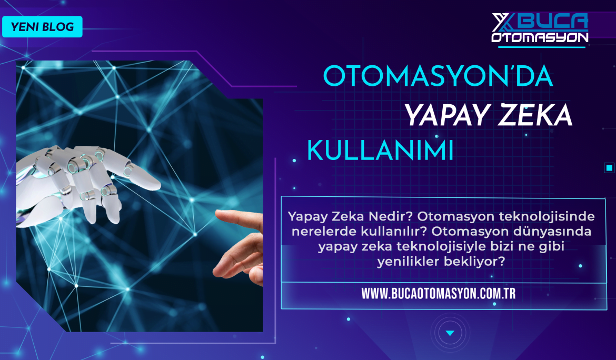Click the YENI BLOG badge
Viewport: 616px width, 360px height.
[43, 27]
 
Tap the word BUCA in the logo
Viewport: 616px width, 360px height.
[555, 22]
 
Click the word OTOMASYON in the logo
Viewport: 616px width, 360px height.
[540, 37]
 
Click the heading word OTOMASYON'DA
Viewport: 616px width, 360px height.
[438, 76]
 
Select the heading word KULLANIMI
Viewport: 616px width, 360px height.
[380, 150]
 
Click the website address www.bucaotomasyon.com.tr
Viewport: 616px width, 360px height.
[439, 294]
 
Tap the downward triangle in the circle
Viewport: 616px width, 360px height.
[450, 333]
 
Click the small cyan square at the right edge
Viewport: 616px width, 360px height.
[609, 168]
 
